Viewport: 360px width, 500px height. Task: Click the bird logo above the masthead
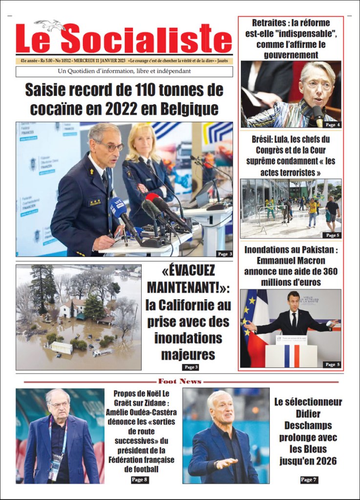click(x=50, y=25)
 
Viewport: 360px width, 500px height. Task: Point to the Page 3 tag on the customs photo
click(x=224, y=254)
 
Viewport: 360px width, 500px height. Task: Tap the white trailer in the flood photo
click(x=61, y=348)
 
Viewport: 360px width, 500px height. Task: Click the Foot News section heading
click(x=180, y=381)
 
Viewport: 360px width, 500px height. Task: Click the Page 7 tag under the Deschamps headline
click(x=308, y=480)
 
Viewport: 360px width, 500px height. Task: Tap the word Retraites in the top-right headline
click(x=272, y=23)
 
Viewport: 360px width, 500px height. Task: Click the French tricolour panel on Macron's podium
click(x=291, y=356)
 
